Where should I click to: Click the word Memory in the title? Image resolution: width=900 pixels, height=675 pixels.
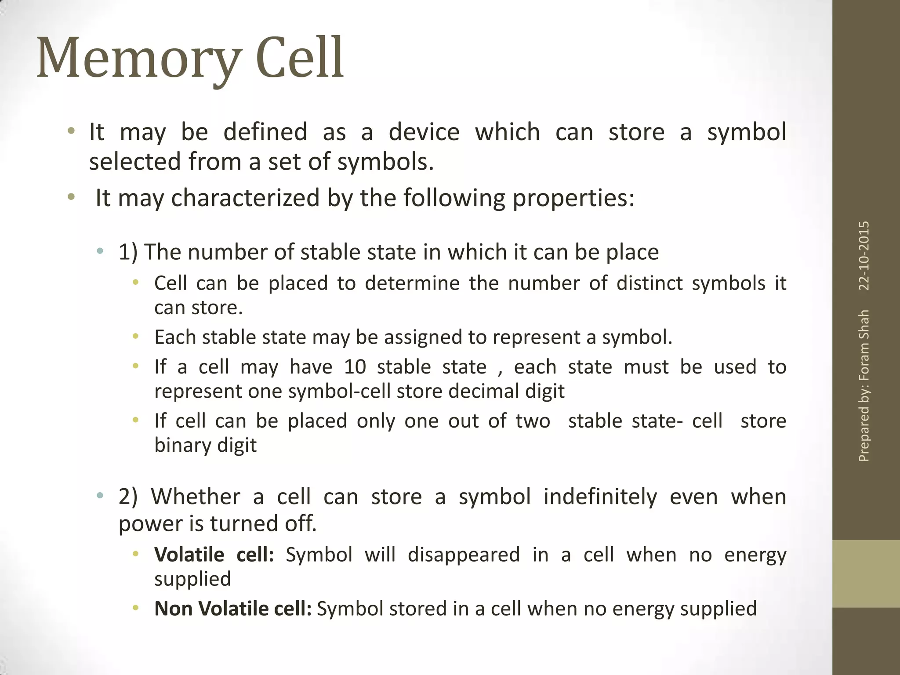pos(139,59)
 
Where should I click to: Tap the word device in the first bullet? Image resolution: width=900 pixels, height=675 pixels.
pos(424,132)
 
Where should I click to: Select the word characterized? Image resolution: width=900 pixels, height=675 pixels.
pos(245,198)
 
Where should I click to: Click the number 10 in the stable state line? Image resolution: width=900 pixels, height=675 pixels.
pos(355,367)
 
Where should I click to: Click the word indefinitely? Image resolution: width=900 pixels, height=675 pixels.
pos(600,497)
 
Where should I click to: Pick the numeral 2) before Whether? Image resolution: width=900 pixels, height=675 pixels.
pos(128,497)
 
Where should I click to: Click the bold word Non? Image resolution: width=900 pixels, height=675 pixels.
pos(174,609)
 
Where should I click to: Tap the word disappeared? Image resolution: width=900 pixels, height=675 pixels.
pos(464,555)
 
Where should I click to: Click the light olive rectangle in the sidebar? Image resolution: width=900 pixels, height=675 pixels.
pos(866,573)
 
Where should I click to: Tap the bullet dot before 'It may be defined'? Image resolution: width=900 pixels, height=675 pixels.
pos(71,131)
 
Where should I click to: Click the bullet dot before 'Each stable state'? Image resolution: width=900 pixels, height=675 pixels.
pos(136,337)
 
